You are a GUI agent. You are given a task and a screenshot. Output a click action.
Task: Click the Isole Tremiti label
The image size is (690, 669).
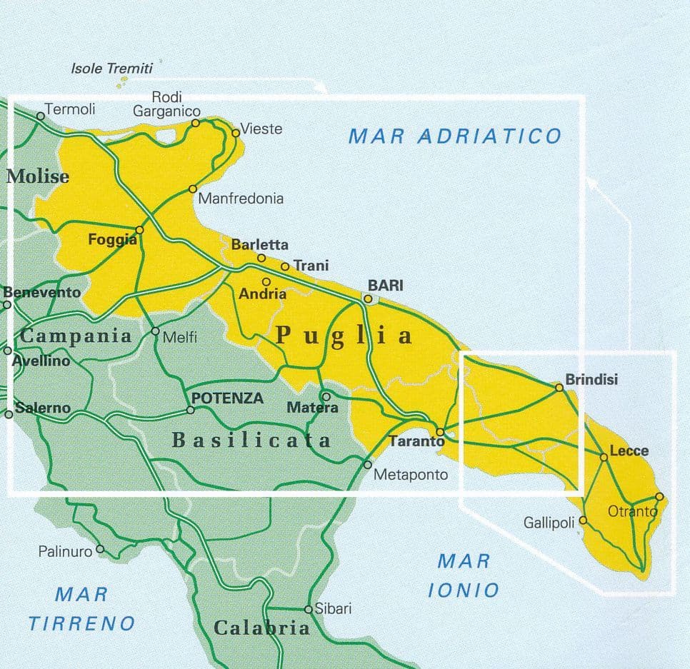click(x=112, y=69)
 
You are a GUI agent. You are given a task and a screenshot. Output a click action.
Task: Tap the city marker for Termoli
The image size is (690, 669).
click(x=41, y=116)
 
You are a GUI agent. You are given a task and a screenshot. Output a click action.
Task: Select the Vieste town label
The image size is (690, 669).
click(x=261, y=129)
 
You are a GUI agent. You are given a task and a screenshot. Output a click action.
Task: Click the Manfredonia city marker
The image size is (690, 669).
click(x=192, y=188)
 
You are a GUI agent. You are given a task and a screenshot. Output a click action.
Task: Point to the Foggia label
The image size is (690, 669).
click(x=112, y=241)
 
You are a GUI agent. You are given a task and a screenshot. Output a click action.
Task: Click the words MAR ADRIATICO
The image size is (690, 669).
click(x=455, y=136)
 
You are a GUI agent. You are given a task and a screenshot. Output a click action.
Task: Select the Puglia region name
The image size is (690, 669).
click(x=344, y=335)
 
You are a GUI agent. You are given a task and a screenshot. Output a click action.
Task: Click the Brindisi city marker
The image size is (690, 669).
click(x=559, y=387)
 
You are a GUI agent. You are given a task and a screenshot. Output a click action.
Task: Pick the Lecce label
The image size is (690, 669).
click(x=629, y=451)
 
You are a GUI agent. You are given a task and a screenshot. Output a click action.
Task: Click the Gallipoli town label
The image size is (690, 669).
click(x=549, y=523)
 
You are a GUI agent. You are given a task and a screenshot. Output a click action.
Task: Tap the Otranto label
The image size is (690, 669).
click(x=631, y=511)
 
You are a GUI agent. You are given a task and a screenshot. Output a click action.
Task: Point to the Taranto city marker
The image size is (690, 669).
click(x=441, y=432)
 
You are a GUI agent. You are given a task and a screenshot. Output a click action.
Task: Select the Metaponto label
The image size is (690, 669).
click(x=411, y=474)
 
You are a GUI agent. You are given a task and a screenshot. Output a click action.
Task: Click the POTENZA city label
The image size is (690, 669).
click(x=228, y=398)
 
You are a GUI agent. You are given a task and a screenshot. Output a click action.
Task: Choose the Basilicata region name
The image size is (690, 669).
click(x=252, y=441)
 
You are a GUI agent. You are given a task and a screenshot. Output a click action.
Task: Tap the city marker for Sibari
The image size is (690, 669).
click(x=309, y=610)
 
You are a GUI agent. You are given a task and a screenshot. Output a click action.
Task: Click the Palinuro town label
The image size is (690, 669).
click(x=66, y=551)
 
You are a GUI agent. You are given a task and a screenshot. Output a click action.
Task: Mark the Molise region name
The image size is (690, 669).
click(x=38, y=176)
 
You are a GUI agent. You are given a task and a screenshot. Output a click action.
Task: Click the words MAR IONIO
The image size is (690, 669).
click(x=464, y=575)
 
